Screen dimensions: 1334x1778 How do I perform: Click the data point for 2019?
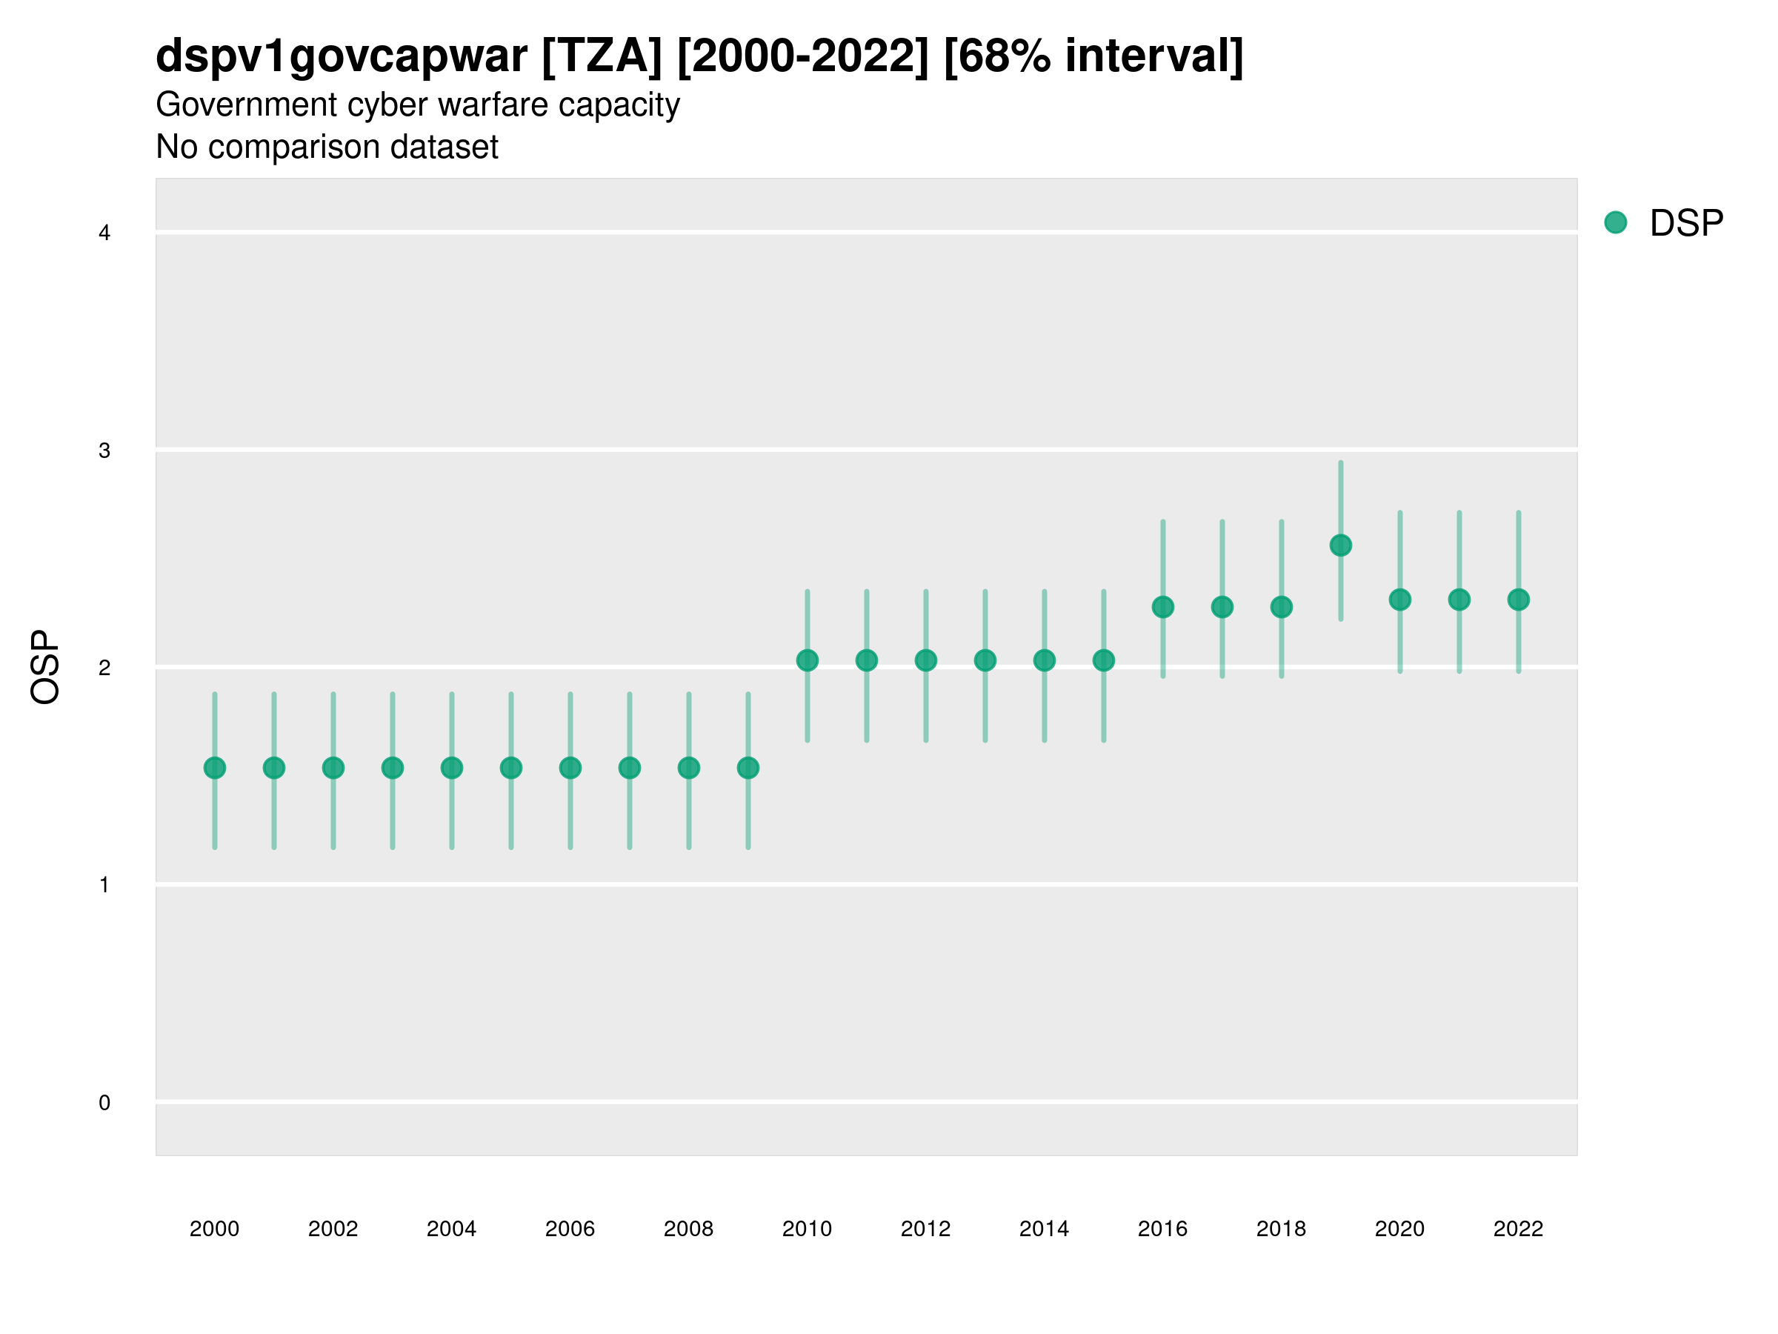click(x=1341, y=545)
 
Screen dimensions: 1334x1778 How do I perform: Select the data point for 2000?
click(x=215, y=768)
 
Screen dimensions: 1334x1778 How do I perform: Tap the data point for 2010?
click(x=807, y=660)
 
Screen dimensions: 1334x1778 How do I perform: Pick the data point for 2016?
click(x=1163, y=607)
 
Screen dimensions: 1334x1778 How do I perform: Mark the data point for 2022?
click(x=1519, y=599)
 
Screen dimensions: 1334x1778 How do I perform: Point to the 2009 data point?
click(x=748, y=768)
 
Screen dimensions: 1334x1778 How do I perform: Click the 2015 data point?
click(x=1104, y=660)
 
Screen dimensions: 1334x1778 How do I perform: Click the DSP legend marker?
click(x=1616, y=222)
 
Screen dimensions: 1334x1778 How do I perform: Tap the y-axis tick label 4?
click(x=104, y=233)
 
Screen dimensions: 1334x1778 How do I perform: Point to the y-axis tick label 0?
click(x=104, y=1103)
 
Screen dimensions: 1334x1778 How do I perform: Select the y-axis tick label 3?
click(x=104, y=451)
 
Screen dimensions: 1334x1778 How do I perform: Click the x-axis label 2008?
click(x=689, y=1229)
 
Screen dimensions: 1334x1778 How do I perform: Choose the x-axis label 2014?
click(x=1044, y=1229)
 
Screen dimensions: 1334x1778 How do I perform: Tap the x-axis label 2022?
click(x=1519, y=1229)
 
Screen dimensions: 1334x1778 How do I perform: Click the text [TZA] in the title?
click(x=602, y=56)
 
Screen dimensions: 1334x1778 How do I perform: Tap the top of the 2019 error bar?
click(x=1341, y=463)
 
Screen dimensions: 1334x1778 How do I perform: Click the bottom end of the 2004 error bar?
click(x=452, y=848)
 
